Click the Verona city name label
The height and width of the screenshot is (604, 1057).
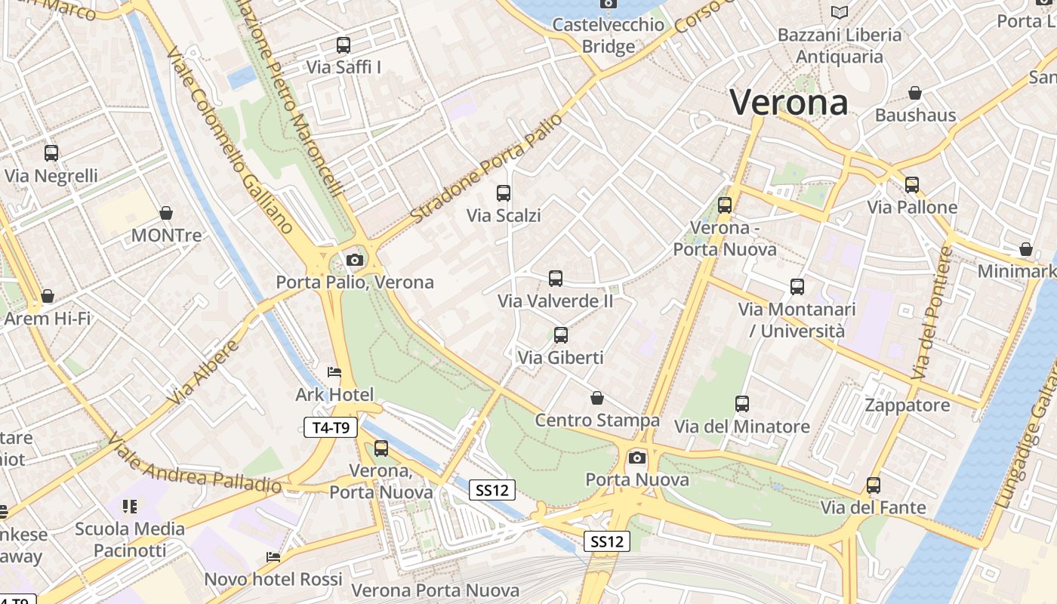[789, 103]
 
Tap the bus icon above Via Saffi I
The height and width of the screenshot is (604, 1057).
[344, 45]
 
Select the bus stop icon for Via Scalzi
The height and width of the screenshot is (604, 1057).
[504, 193]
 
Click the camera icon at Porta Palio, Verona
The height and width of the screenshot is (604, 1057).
[354, 260]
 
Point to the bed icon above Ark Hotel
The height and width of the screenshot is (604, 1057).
[334, 372]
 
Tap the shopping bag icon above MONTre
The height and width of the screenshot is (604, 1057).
[166, 214]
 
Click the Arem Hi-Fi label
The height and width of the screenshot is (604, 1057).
[47, 318]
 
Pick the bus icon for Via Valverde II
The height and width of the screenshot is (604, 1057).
[556, 279]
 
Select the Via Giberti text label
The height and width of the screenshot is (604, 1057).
[560, 357]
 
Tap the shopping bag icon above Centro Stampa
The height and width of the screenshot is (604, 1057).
[597, 398]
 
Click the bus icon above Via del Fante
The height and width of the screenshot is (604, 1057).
[874, 485]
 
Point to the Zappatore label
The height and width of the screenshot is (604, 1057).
[907, 405]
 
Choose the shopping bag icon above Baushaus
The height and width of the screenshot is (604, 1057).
[915, 93]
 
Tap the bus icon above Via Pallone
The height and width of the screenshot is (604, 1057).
[912, 185]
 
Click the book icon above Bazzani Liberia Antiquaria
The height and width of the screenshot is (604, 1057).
[839, 12]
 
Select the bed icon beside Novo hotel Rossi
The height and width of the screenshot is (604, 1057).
[273, 557]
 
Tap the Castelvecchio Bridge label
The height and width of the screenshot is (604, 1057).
[609, 35]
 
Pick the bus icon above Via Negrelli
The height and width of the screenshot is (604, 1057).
[51, 153]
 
